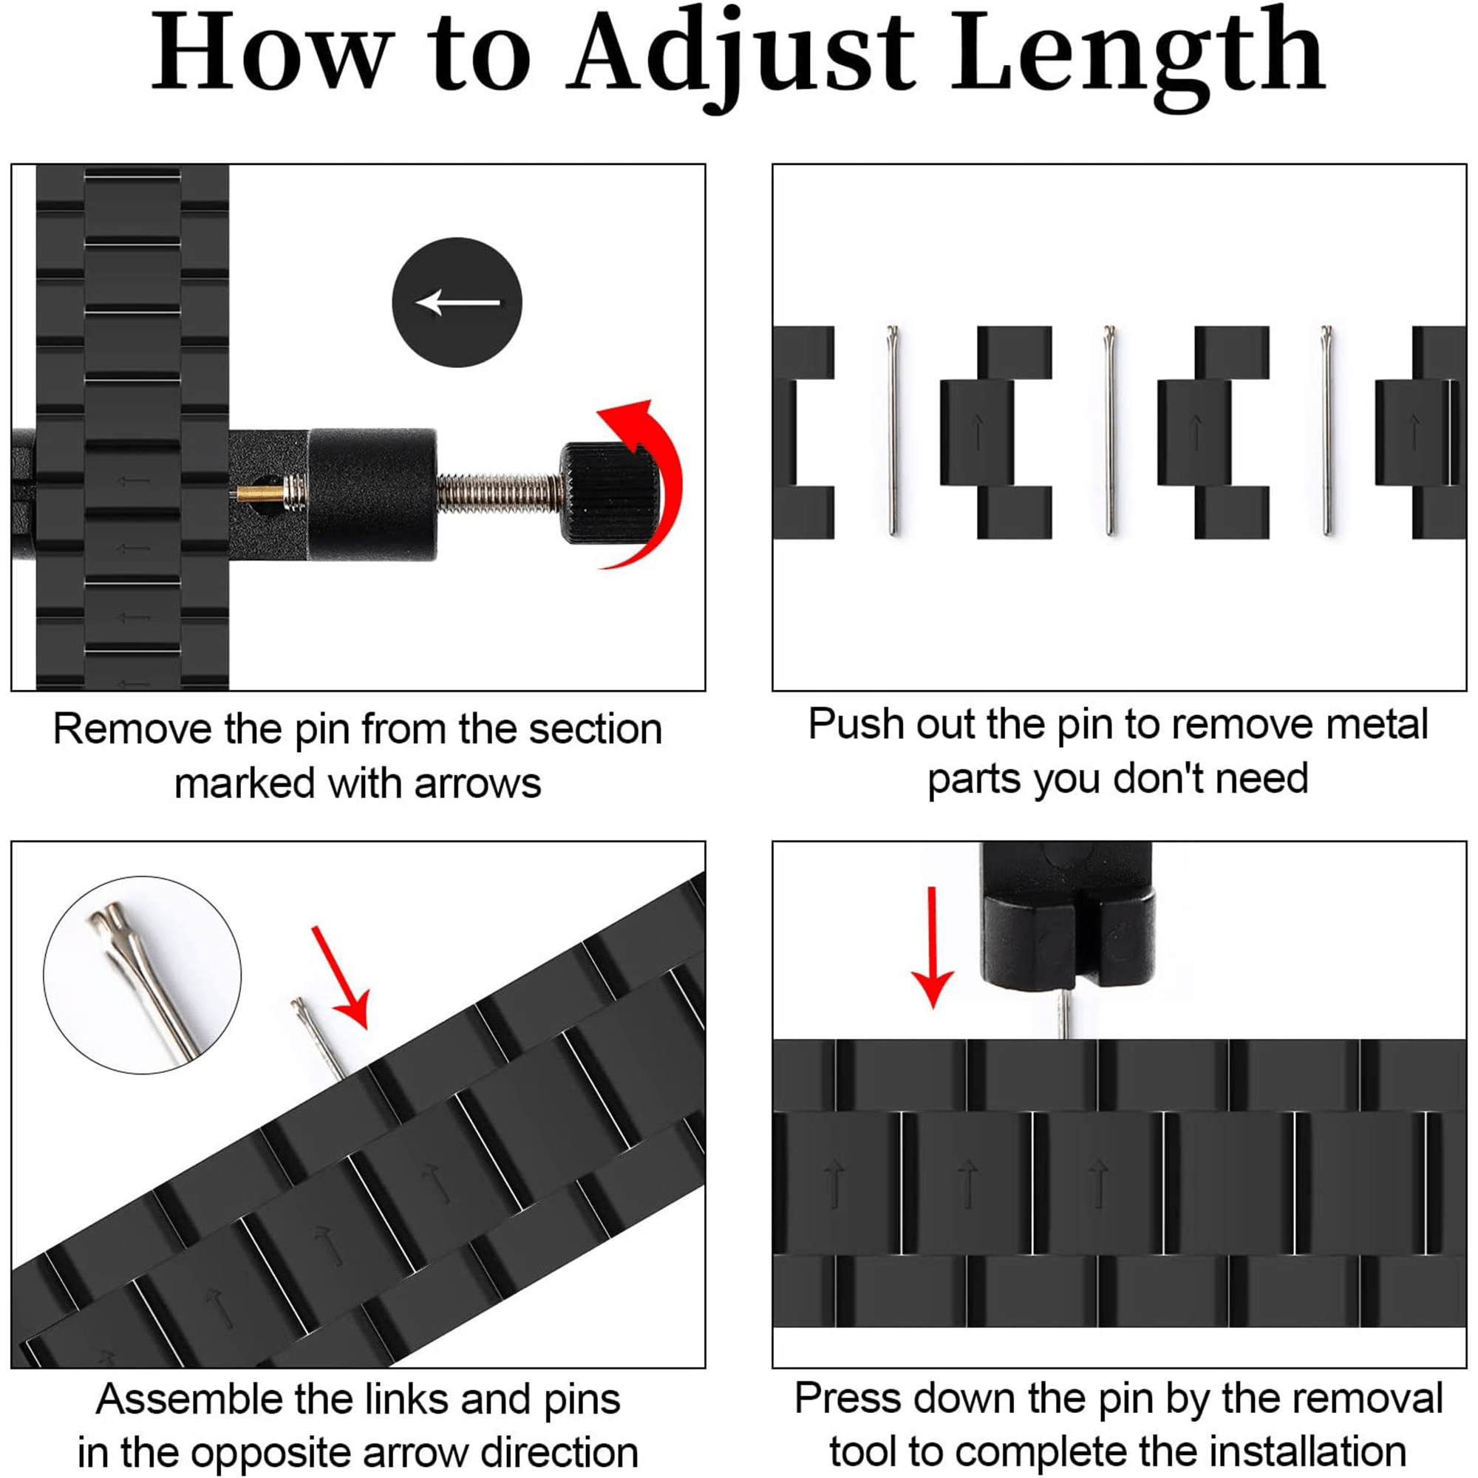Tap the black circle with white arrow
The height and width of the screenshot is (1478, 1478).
pyautogui.click(x=457, y=302)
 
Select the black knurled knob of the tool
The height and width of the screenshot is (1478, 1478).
pyautogui.click(x=607, y=494)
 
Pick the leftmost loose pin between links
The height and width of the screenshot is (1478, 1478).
pyautogui.click(x=893, y=430)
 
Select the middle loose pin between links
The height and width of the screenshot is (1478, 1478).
pyautogui.click(x=1109, y=430)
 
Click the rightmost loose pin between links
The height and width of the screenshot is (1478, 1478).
pyautogui.click(x=1327, y=430)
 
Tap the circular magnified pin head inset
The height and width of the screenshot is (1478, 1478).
pyautogui.click(x=143, y=975)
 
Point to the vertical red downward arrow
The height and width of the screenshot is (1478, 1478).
pyautogui.click(x=933, y=947)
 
